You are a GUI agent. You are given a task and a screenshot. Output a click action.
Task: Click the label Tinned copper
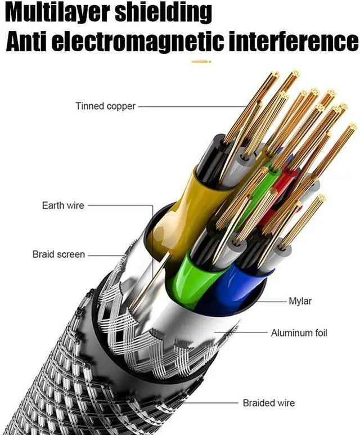coord(105,106)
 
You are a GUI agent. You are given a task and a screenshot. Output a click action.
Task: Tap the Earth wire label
coord(62,205)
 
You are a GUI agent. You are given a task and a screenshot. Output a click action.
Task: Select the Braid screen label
coord(58,254)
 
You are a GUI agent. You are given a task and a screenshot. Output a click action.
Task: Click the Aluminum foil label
coord(299,333)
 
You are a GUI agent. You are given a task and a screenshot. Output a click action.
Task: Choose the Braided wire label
coord(268,403)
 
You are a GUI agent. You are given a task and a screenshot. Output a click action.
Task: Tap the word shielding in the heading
coord(164,12)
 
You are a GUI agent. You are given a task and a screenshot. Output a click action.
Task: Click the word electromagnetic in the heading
coord(147,42)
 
